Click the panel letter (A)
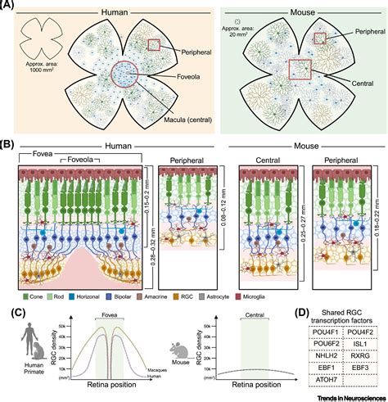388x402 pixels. [x=7, y=7]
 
